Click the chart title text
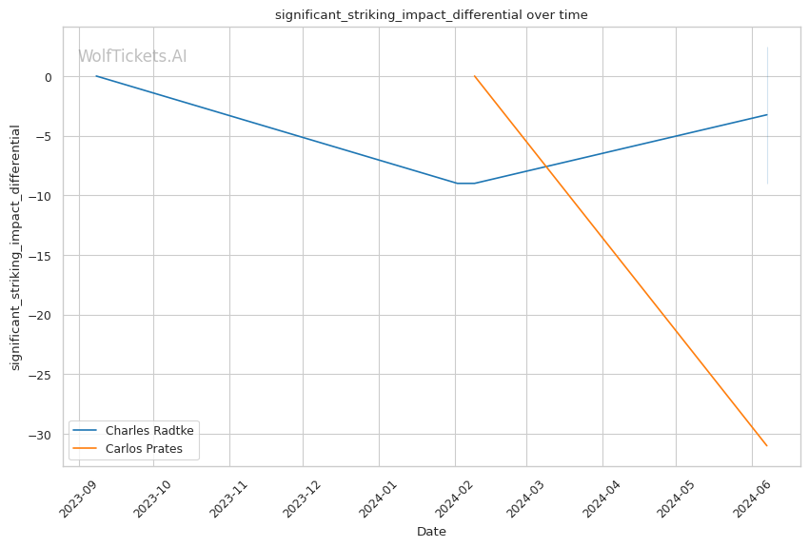pyautogui.click(x=431, y=15)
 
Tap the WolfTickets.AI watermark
pyautogui.click(x=132, y=56)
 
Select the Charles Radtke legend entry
pyautogui.click(x=133, y=431)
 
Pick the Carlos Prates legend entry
pyautogui.click(x=128, y=448)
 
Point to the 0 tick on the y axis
pyautogui.click(x=49, y=77)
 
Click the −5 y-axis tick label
pyautogui.click(x=44, y=137)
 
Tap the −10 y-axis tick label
pyautogui.click(x=40, y=196)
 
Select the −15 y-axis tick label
pyautogui.click(x=40, y=256)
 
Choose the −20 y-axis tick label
pyautogui.click(x=40, y=316)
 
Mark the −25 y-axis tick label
pyautogui.click(x=40, y=375)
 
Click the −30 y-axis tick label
pyautogui.click(x=40, y=435)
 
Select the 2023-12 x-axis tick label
pyautogui.click(x=302, y=498)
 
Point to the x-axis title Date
pyautogui.click(x=431, y=532)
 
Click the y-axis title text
pyautogui.click(x=15, y=247)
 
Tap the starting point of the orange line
pyautogui.click(x=474, y=76)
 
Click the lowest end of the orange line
pyautogui.click(x=767, y=446)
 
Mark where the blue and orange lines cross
pyautogui.click(x=545, y=166)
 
